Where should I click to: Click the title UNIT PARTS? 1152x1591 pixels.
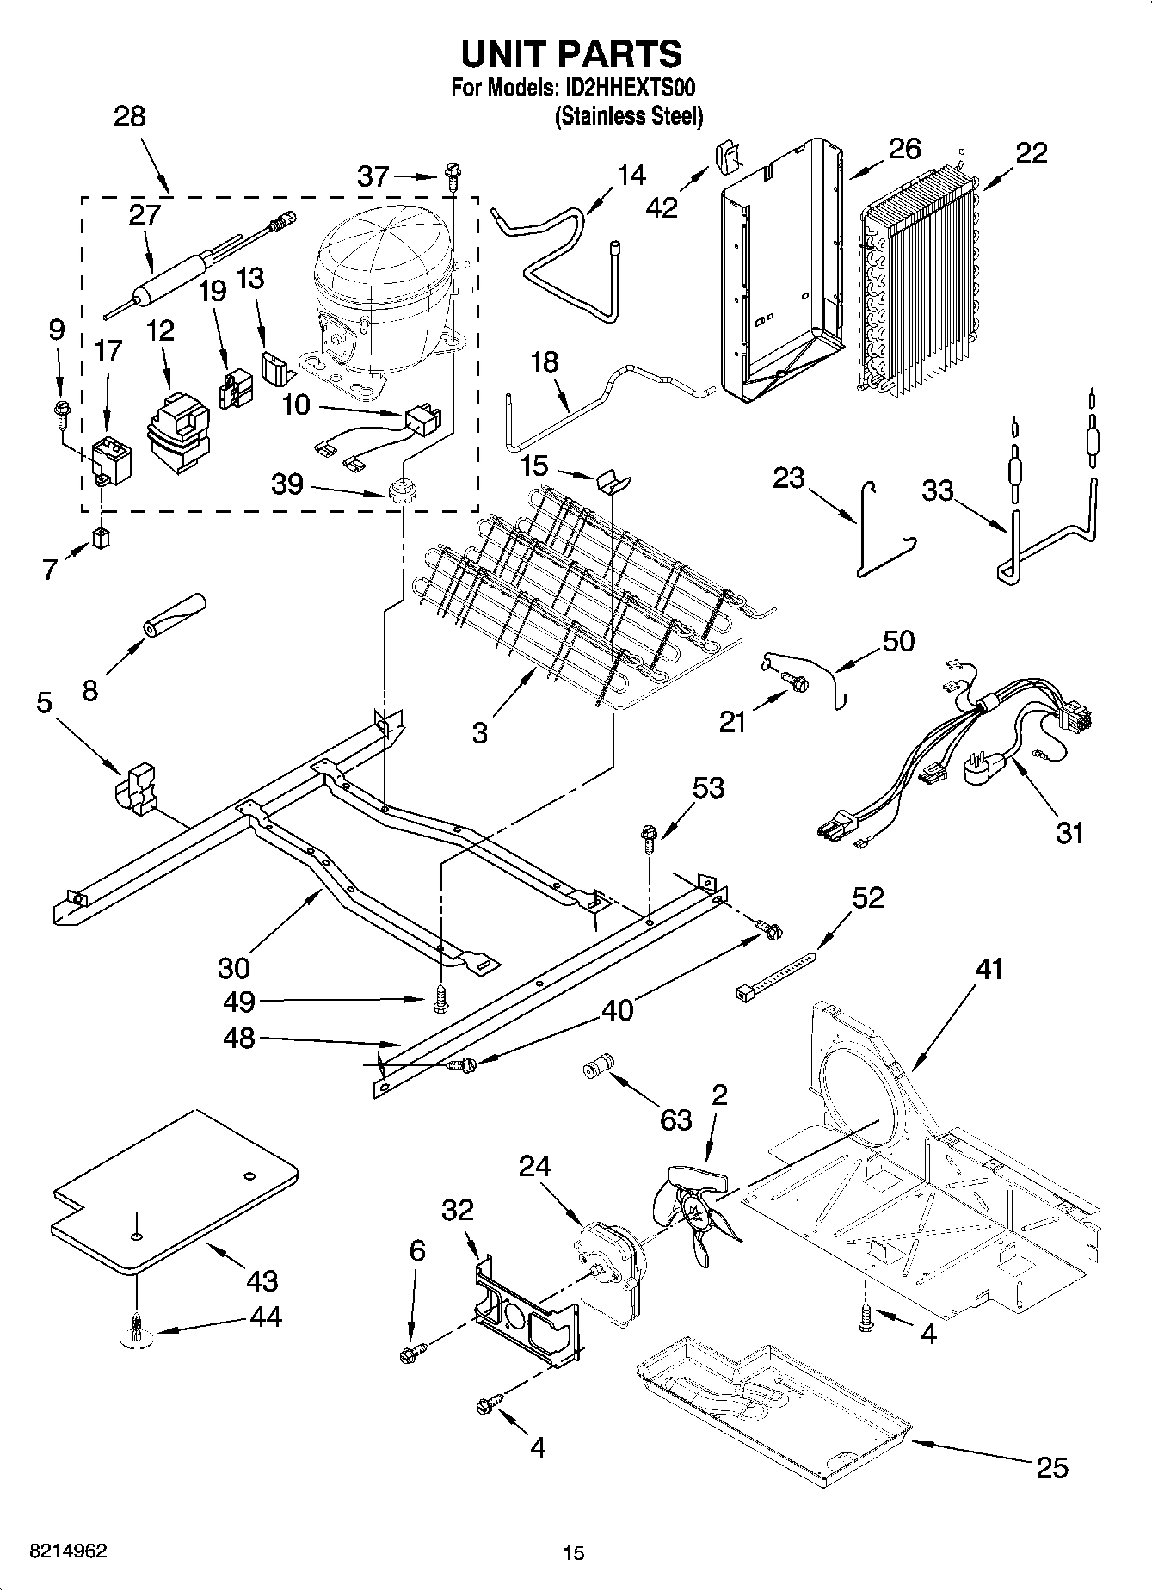click(x=572, y=54)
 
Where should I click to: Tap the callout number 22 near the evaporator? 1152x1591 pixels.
click(x=1032, y=153)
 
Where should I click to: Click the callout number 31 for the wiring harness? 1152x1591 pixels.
click(x=1069, y=832)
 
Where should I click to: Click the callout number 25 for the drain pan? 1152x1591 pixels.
click(x=1052, y=1466)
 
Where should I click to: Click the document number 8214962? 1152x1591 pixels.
click(x=69, y=1551)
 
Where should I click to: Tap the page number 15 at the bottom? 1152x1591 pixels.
click(x=573, y=1553)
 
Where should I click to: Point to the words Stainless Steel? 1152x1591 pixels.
click(x=629, y=116)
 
